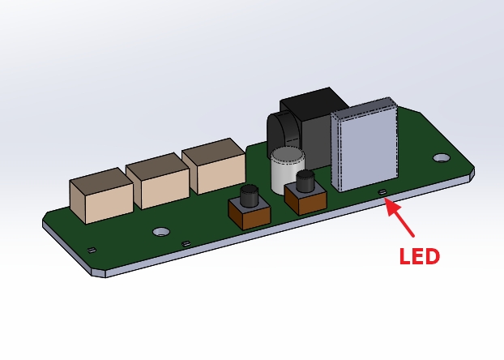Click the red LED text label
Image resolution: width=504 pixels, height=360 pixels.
click(x=419, y=256)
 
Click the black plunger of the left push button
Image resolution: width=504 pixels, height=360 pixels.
click(x=248, y=195)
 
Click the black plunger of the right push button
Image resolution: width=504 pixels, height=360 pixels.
click(x=305, y=181)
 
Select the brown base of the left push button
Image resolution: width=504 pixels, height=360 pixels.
click(x=249, y=215)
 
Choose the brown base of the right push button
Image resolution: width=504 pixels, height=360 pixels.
click(x=305, y=199)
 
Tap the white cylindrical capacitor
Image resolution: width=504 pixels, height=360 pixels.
click(x=287, y=169)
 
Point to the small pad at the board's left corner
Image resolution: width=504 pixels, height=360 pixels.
click(x=92, y=250)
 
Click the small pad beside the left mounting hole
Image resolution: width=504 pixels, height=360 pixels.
click(x=186, y=243)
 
